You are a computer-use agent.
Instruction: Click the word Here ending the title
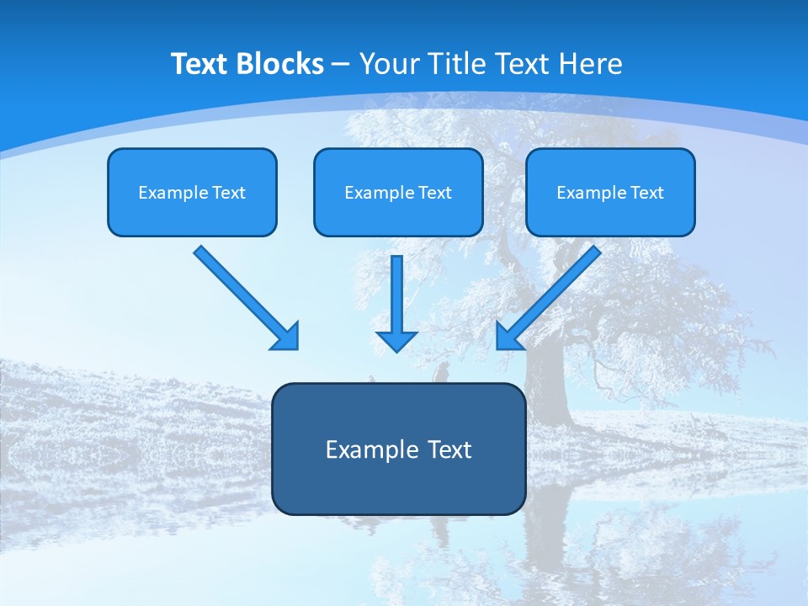[x=590, y=64]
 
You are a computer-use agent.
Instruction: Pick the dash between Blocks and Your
[x=341, y=65]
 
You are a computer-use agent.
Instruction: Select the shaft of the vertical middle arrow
[x=396, y=290]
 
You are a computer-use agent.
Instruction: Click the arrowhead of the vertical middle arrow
[x=396, y=340]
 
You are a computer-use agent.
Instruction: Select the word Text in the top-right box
[x=647, y=193]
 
